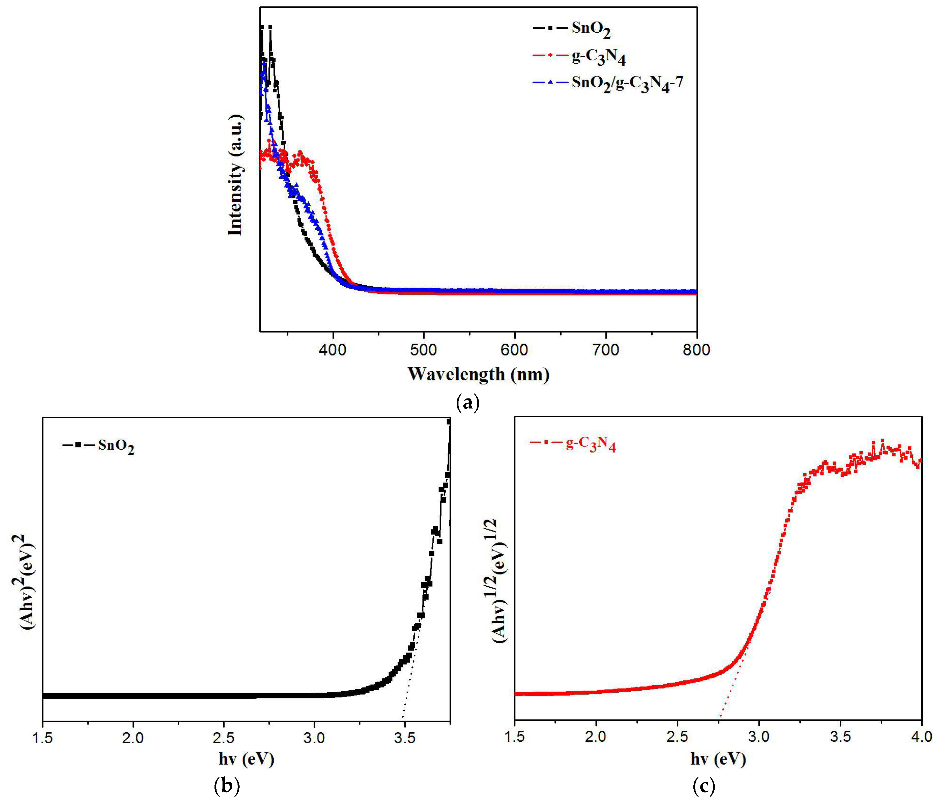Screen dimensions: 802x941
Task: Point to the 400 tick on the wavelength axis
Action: pos(333,350)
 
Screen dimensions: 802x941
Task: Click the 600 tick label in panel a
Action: pos(515,350)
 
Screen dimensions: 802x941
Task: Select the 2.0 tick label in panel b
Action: pos(133,738)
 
